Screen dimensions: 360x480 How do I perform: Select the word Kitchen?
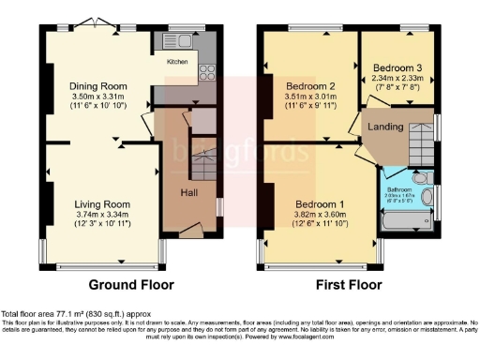[177, 63]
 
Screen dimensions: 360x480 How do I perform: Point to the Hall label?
[187, 192]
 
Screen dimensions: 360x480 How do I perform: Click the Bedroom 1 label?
[320, 203]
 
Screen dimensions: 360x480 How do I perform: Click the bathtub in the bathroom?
[409, 221]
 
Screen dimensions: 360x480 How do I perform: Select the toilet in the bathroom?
[420, 178]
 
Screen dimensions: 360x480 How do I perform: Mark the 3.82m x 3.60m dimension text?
[320, 215]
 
